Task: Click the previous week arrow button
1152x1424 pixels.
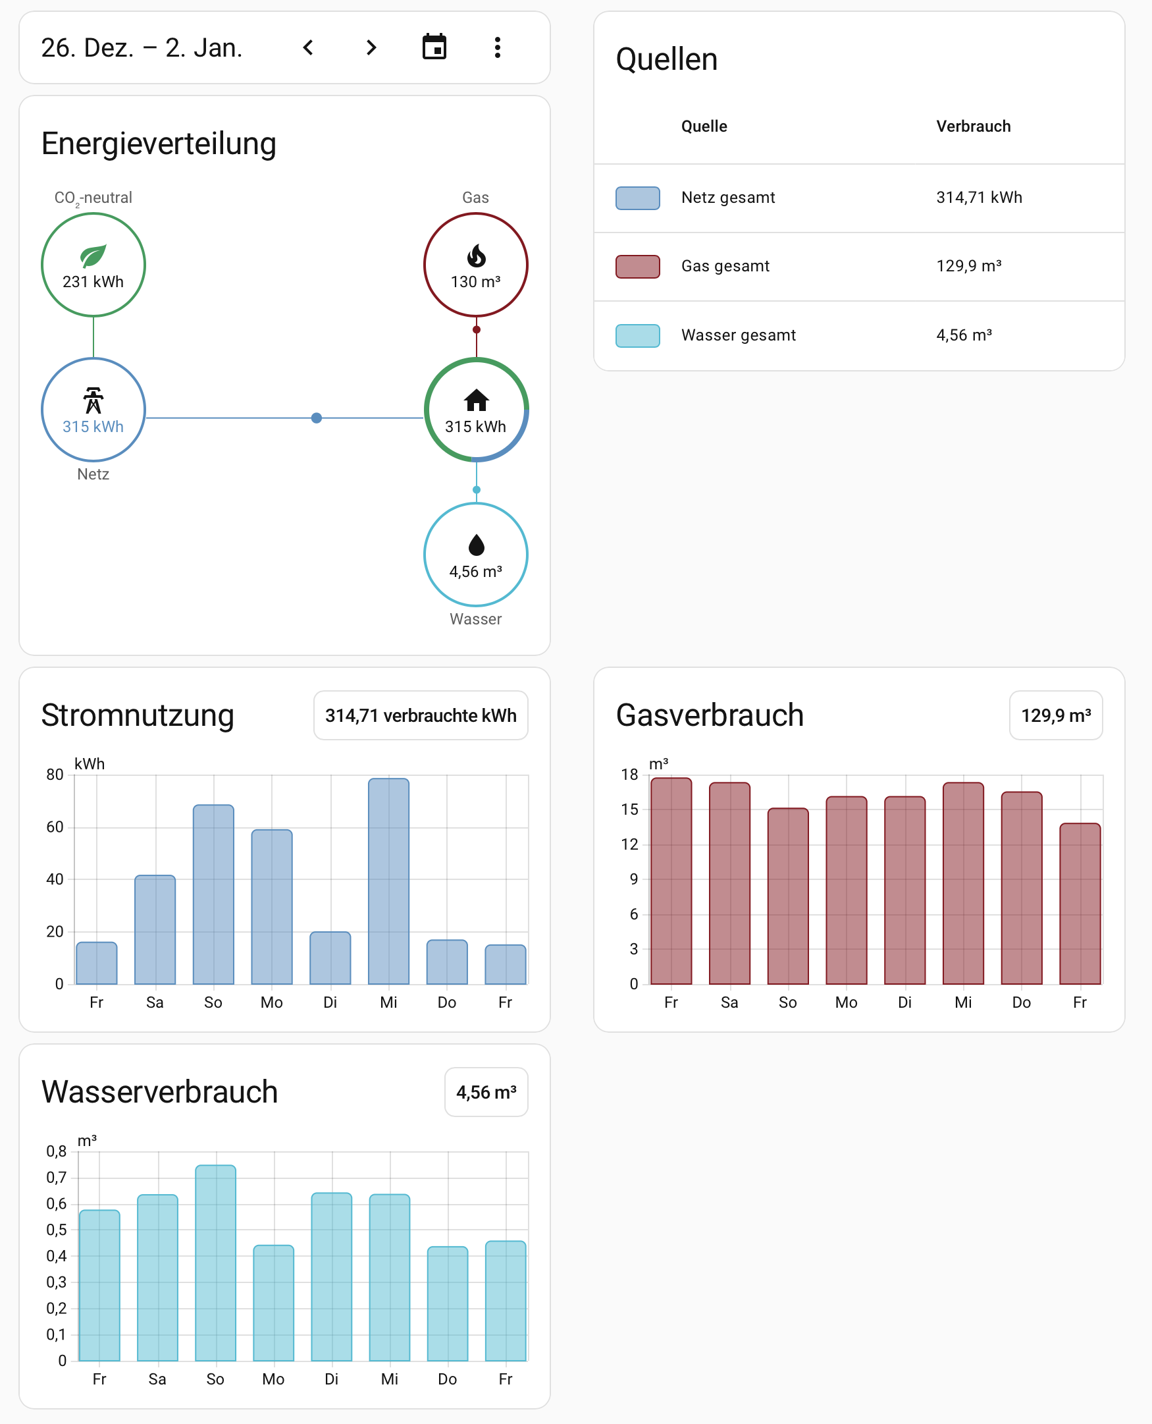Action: (x=308, y=48)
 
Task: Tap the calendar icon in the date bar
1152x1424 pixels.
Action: (x=434, y=48)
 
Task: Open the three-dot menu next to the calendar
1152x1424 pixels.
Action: (x=498, y=48)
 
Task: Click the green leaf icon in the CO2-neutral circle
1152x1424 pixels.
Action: (x=93, y=256)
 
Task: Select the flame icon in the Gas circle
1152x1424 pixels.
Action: (x=477, y=256)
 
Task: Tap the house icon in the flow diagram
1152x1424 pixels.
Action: (x=477, y=400)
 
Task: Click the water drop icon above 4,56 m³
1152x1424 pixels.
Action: (x=477, y=545)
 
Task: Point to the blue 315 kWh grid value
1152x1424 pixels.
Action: (x=93, y=427)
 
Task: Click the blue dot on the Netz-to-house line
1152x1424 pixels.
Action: (x=317, y=418)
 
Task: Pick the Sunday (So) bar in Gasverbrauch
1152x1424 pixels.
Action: (x=788, y=896)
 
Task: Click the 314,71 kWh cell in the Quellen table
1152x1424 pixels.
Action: (x=979, y=198)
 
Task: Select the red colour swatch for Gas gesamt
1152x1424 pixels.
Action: (x=638, y=266)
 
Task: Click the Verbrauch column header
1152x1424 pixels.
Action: (x=974, y=126)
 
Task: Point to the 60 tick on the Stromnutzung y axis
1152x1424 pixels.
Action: (x=55, y=827)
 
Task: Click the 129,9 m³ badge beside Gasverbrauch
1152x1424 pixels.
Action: (x=1056, y=716)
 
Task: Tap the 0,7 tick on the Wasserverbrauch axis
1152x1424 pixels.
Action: (x=57, y=1178)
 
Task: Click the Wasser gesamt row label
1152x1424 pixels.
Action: (x=739, y=335)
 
